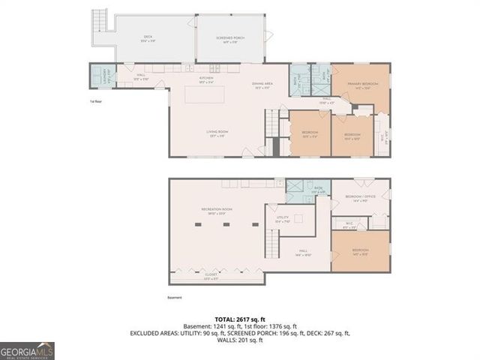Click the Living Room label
pos(217,133)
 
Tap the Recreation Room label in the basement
pos(216,209)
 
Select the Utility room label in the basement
pos(282,220)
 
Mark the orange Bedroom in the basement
pos(360,251)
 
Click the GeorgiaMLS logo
pos(27,350)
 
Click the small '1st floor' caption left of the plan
pos(95,100)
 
